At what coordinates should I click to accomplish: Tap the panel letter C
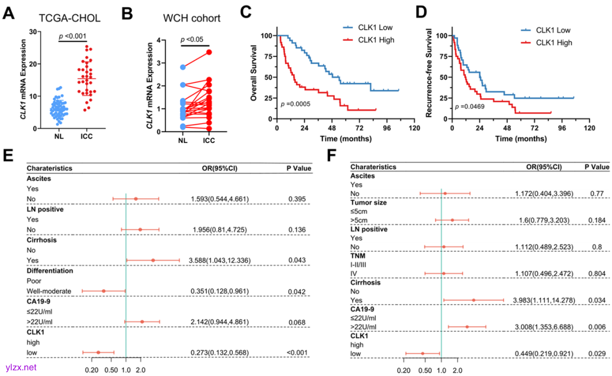[x=246, y=12]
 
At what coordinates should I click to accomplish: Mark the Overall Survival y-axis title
[x=256, y=74]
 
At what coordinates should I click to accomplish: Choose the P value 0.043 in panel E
[x=299, y=260]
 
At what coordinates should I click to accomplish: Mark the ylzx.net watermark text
[x=19, y=367]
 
